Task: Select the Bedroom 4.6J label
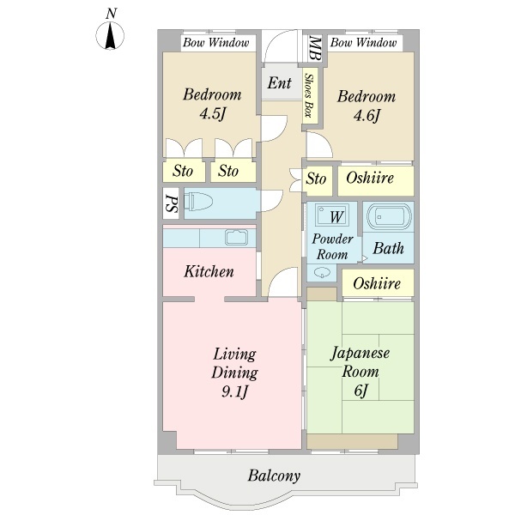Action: (366, 106)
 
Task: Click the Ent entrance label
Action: (279, 83)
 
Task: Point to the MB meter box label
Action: (315, 46)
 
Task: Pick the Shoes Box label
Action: (310, 96)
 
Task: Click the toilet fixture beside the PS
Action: (200, 203)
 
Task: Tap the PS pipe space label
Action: (170, 204)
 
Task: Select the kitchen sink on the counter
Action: (235, 238)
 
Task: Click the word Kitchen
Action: (209, 272)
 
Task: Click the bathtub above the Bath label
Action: (388, 217)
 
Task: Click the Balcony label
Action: (274, 475)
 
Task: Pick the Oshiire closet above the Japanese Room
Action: (377, 282)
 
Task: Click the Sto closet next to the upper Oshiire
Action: (317, 179)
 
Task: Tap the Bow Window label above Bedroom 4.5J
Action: (216, 42)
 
